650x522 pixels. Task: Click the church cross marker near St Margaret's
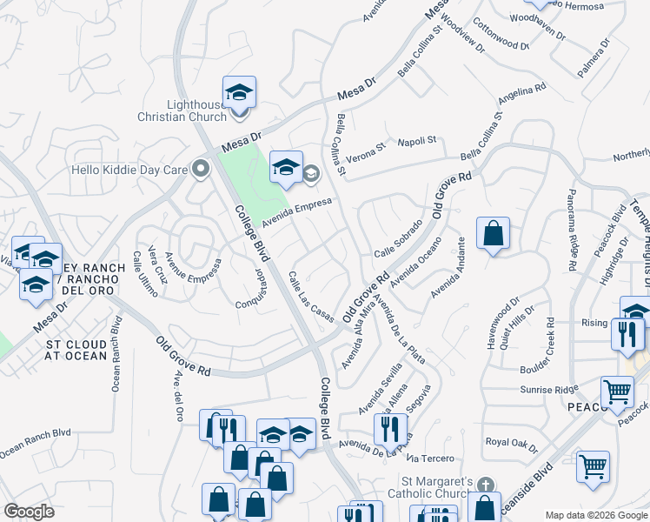(486, 484)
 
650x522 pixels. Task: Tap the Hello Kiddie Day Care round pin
(202, 169)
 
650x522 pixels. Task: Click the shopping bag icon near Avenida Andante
(493, 233)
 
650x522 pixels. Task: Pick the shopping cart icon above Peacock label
(618, 392)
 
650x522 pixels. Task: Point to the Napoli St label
(417, 141)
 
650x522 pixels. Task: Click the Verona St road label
(367, 151)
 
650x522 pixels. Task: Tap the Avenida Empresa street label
(297, 209)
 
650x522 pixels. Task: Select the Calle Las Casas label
(310, 297)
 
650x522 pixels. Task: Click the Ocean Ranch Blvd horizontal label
(35, 442)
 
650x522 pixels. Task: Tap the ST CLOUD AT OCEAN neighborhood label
(77, 350)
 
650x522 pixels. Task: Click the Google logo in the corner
(29, 512)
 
